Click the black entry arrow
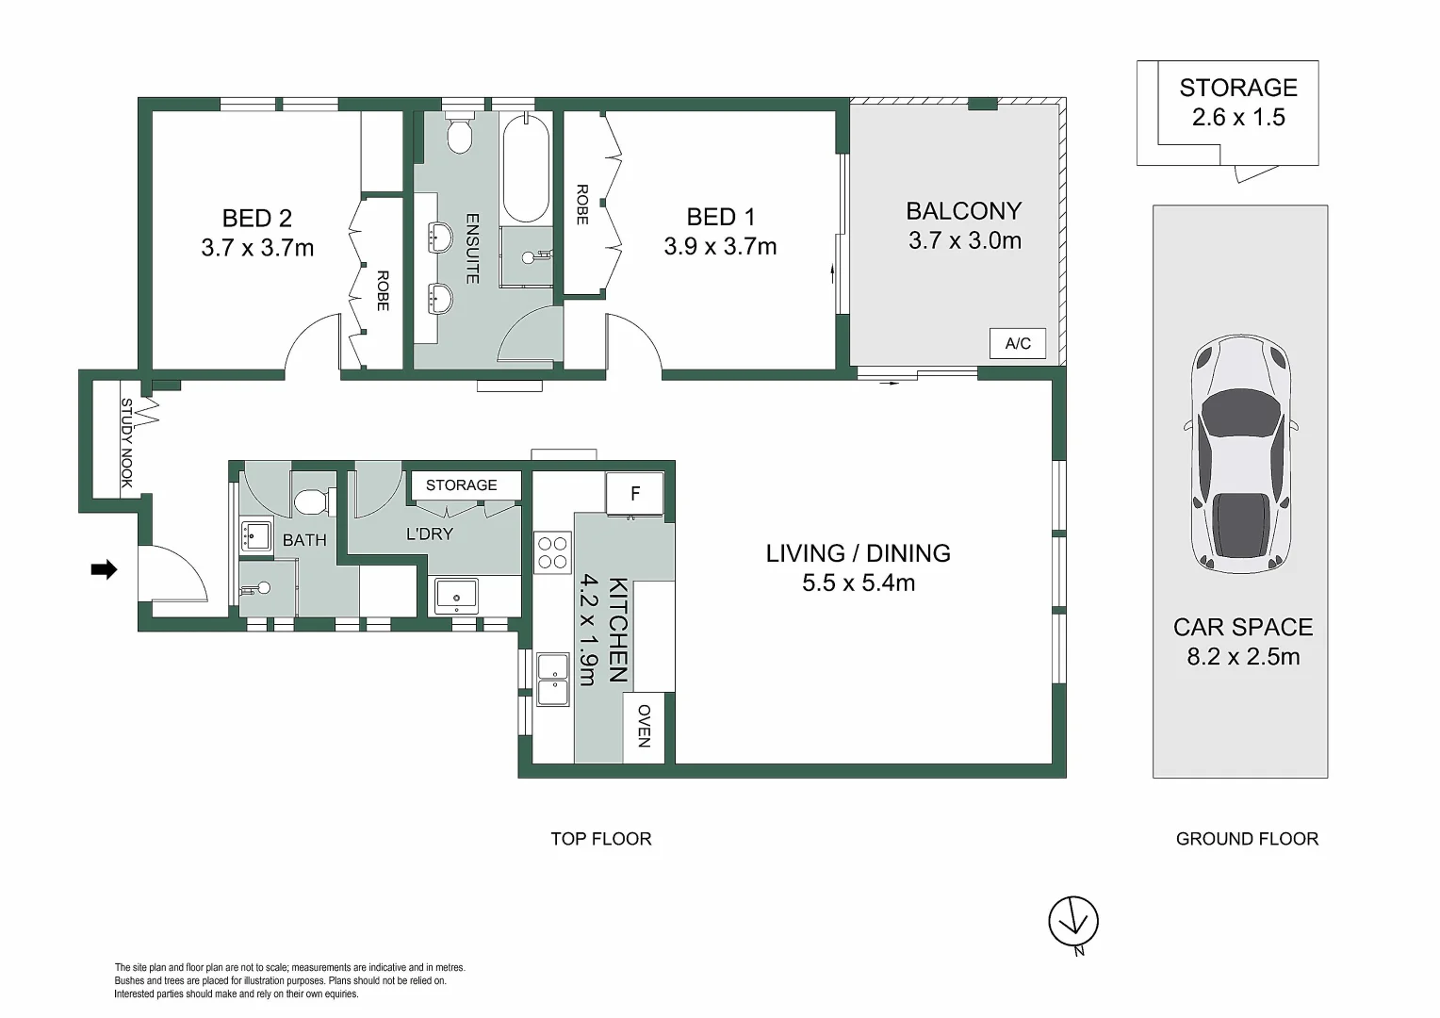(104, 569)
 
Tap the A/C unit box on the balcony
(1018, 343)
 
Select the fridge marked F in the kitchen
(634, 494)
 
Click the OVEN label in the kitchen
(645, 726)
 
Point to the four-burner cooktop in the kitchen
(551, 552)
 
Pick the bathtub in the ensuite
(526, 168)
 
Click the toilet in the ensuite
(460, 134)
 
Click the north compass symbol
(1073, 922)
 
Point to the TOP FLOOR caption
(601, 839)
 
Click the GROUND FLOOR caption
(1247, 839)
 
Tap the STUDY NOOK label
(127, 443)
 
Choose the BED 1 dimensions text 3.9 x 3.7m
(720, 247)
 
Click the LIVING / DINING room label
(858, 553)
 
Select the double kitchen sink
(553, 679)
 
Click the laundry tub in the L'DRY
(456, 596)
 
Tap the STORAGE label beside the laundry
(461, 485)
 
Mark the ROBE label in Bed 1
(581, 205)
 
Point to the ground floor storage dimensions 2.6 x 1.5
(1237, 118)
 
